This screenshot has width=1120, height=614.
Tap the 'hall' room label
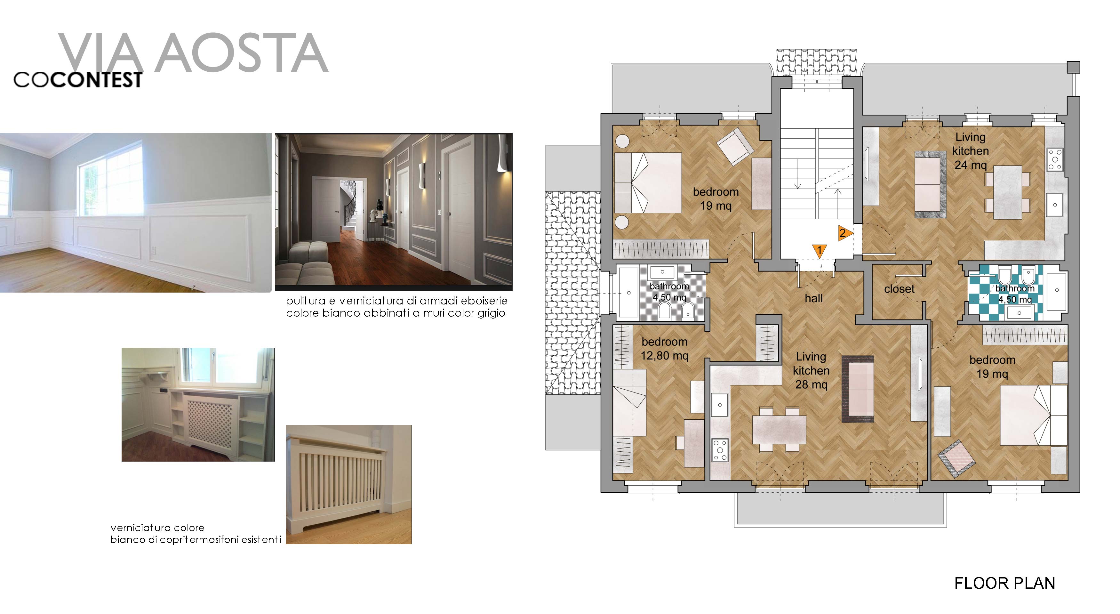813,298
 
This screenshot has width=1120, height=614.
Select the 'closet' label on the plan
899,289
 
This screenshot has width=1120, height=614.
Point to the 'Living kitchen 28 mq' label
811,370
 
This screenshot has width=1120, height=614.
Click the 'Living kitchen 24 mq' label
971,151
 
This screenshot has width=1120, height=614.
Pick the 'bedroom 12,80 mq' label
664,349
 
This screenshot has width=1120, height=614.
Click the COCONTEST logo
78,80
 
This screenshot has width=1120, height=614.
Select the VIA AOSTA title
193,53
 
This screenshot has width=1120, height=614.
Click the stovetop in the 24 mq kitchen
1055,159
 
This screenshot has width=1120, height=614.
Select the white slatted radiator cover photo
349,484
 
